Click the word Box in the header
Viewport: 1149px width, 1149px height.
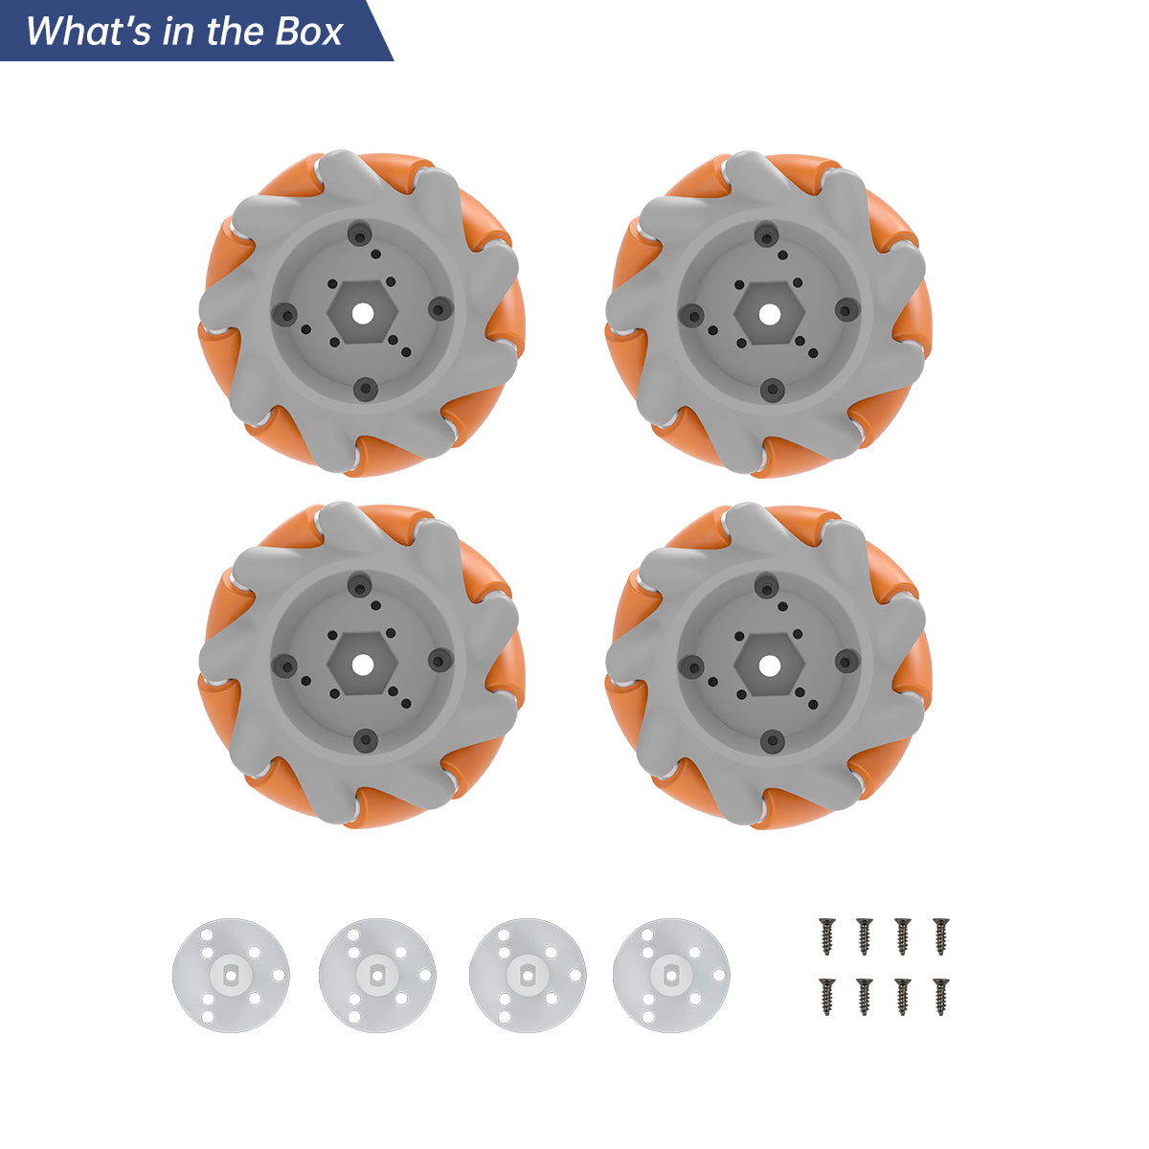308,32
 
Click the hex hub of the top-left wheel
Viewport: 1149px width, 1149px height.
362,312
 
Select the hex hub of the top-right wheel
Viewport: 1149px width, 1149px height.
769,312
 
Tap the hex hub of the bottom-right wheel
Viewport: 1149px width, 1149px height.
769,663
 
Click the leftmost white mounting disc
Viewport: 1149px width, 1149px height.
231,975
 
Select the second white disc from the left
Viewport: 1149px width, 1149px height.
377,975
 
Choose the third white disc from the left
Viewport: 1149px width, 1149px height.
528,975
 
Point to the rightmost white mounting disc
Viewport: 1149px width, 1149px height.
671,975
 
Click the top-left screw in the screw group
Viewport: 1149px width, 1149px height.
826,935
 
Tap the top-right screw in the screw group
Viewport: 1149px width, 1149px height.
940,935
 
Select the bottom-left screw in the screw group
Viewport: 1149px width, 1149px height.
826,996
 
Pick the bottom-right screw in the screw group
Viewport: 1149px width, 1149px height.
940,996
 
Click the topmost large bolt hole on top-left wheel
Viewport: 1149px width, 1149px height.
360,235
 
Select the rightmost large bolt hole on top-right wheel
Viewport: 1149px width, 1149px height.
846,309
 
